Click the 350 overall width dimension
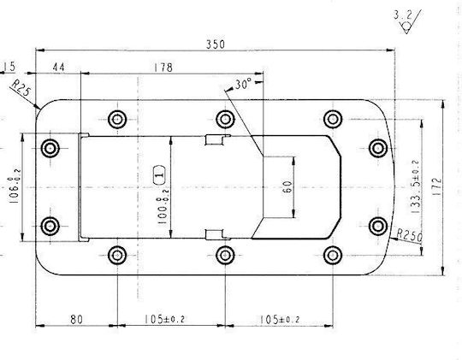click(x=216, y=44)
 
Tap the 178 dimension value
click(x=163, y=68)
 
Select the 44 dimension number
click(x=58, y=68)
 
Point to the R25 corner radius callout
click(x=21, y=88)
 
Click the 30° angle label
click(x=243, y=85)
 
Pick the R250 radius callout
click(x=410, y=235)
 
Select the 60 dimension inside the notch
click(x=287, y=186)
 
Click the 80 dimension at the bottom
click(x=76, y=319)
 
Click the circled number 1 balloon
click(x=160, y=175)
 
